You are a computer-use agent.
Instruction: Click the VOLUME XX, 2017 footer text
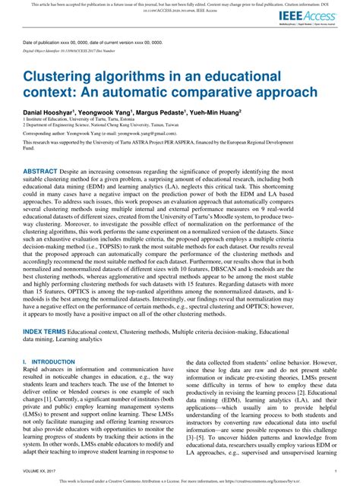tap(43, 470)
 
